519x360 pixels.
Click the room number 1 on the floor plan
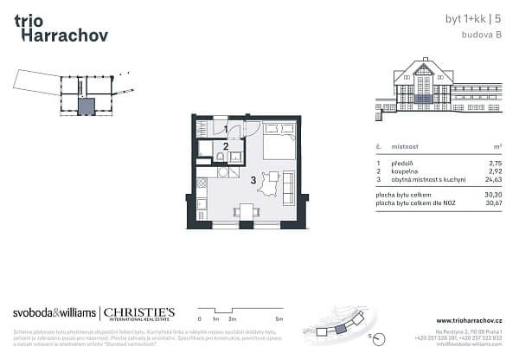(226, 130)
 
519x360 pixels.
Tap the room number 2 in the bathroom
(226, 146)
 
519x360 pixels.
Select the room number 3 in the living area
(253, 180)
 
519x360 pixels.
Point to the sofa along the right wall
(288, 188)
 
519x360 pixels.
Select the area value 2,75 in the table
(497, 162)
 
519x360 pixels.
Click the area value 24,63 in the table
(495, 179)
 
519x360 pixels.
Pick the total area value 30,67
(494, 203)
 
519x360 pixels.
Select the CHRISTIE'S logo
(140, 313)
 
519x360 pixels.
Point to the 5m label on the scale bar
(279, 320)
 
